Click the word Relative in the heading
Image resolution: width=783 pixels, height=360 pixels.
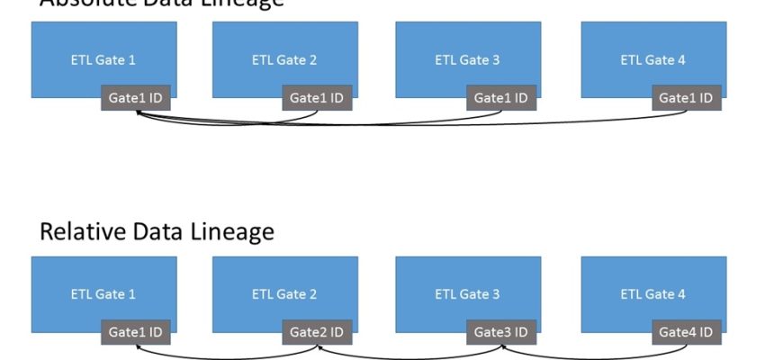pos(79,231)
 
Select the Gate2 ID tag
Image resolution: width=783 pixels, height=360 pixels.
pos(317,332)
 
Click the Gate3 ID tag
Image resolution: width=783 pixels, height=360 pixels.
pos(501,332)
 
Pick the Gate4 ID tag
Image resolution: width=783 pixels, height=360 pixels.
pos(686,332)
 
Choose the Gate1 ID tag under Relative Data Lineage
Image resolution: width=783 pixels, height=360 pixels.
pos(135,332)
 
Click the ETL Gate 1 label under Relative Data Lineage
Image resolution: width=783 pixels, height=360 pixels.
pos(103,293)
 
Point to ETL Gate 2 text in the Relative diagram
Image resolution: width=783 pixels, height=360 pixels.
pos(284,293)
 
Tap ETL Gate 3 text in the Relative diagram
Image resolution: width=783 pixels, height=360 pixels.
pos(467,293)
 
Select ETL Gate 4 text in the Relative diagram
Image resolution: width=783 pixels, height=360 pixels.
pos(652,293)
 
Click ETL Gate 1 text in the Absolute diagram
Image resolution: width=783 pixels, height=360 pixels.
pos(103,60)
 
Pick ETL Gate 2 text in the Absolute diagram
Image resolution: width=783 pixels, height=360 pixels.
pos(284,60)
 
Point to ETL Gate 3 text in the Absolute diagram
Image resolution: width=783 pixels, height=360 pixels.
pos(467,60)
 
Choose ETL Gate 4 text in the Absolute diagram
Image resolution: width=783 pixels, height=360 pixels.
pos(652,60)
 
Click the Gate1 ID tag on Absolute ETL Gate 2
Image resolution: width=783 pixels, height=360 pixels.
pos(317,98)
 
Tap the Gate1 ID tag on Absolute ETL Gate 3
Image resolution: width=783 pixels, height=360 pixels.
pos(501,98)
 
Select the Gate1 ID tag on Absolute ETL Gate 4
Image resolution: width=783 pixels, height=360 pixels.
pos(686,98)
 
